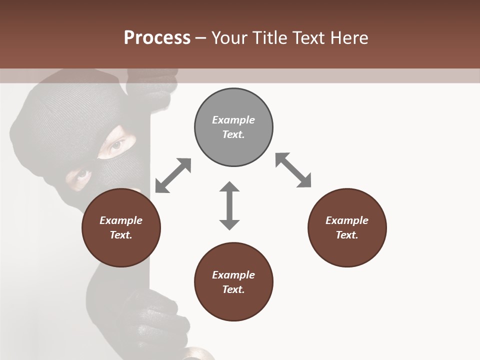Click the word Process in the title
tap(157, 37)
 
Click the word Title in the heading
tap(269, 37)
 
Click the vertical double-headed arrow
tap(229, 205)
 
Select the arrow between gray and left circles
tap(173, 175)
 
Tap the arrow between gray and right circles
tap(293, 170)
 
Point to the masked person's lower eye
tap(82, 174)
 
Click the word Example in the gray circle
tap(233, 120)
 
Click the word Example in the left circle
tap(121, 220)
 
